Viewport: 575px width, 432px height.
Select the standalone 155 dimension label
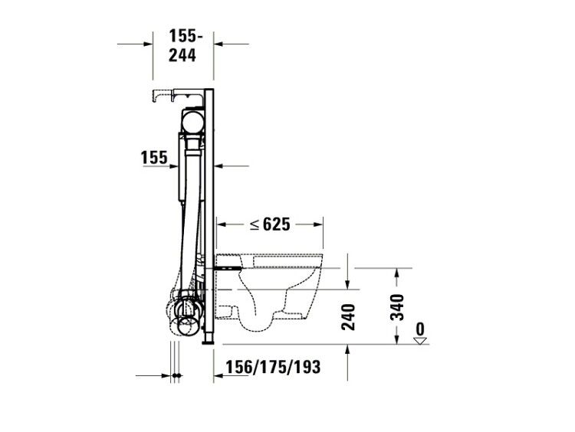[x=154, y=158]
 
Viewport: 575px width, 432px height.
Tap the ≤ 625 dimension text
[x=270, y=224]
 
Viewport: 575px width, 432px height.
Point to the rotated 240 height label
[x=348, y=317]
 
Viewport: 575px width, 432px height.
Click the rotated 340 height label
[x=397, y=307]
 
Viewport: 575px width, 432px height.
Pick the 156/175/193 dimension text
[x=273, y=367]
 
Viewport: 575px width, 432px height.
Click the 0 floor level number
[x=420, y=329]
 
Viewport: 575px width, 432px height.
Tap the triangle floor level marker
[x=420, y=341]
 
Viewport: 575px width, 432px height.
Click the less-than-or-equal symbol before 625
[x=255, y=224]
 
